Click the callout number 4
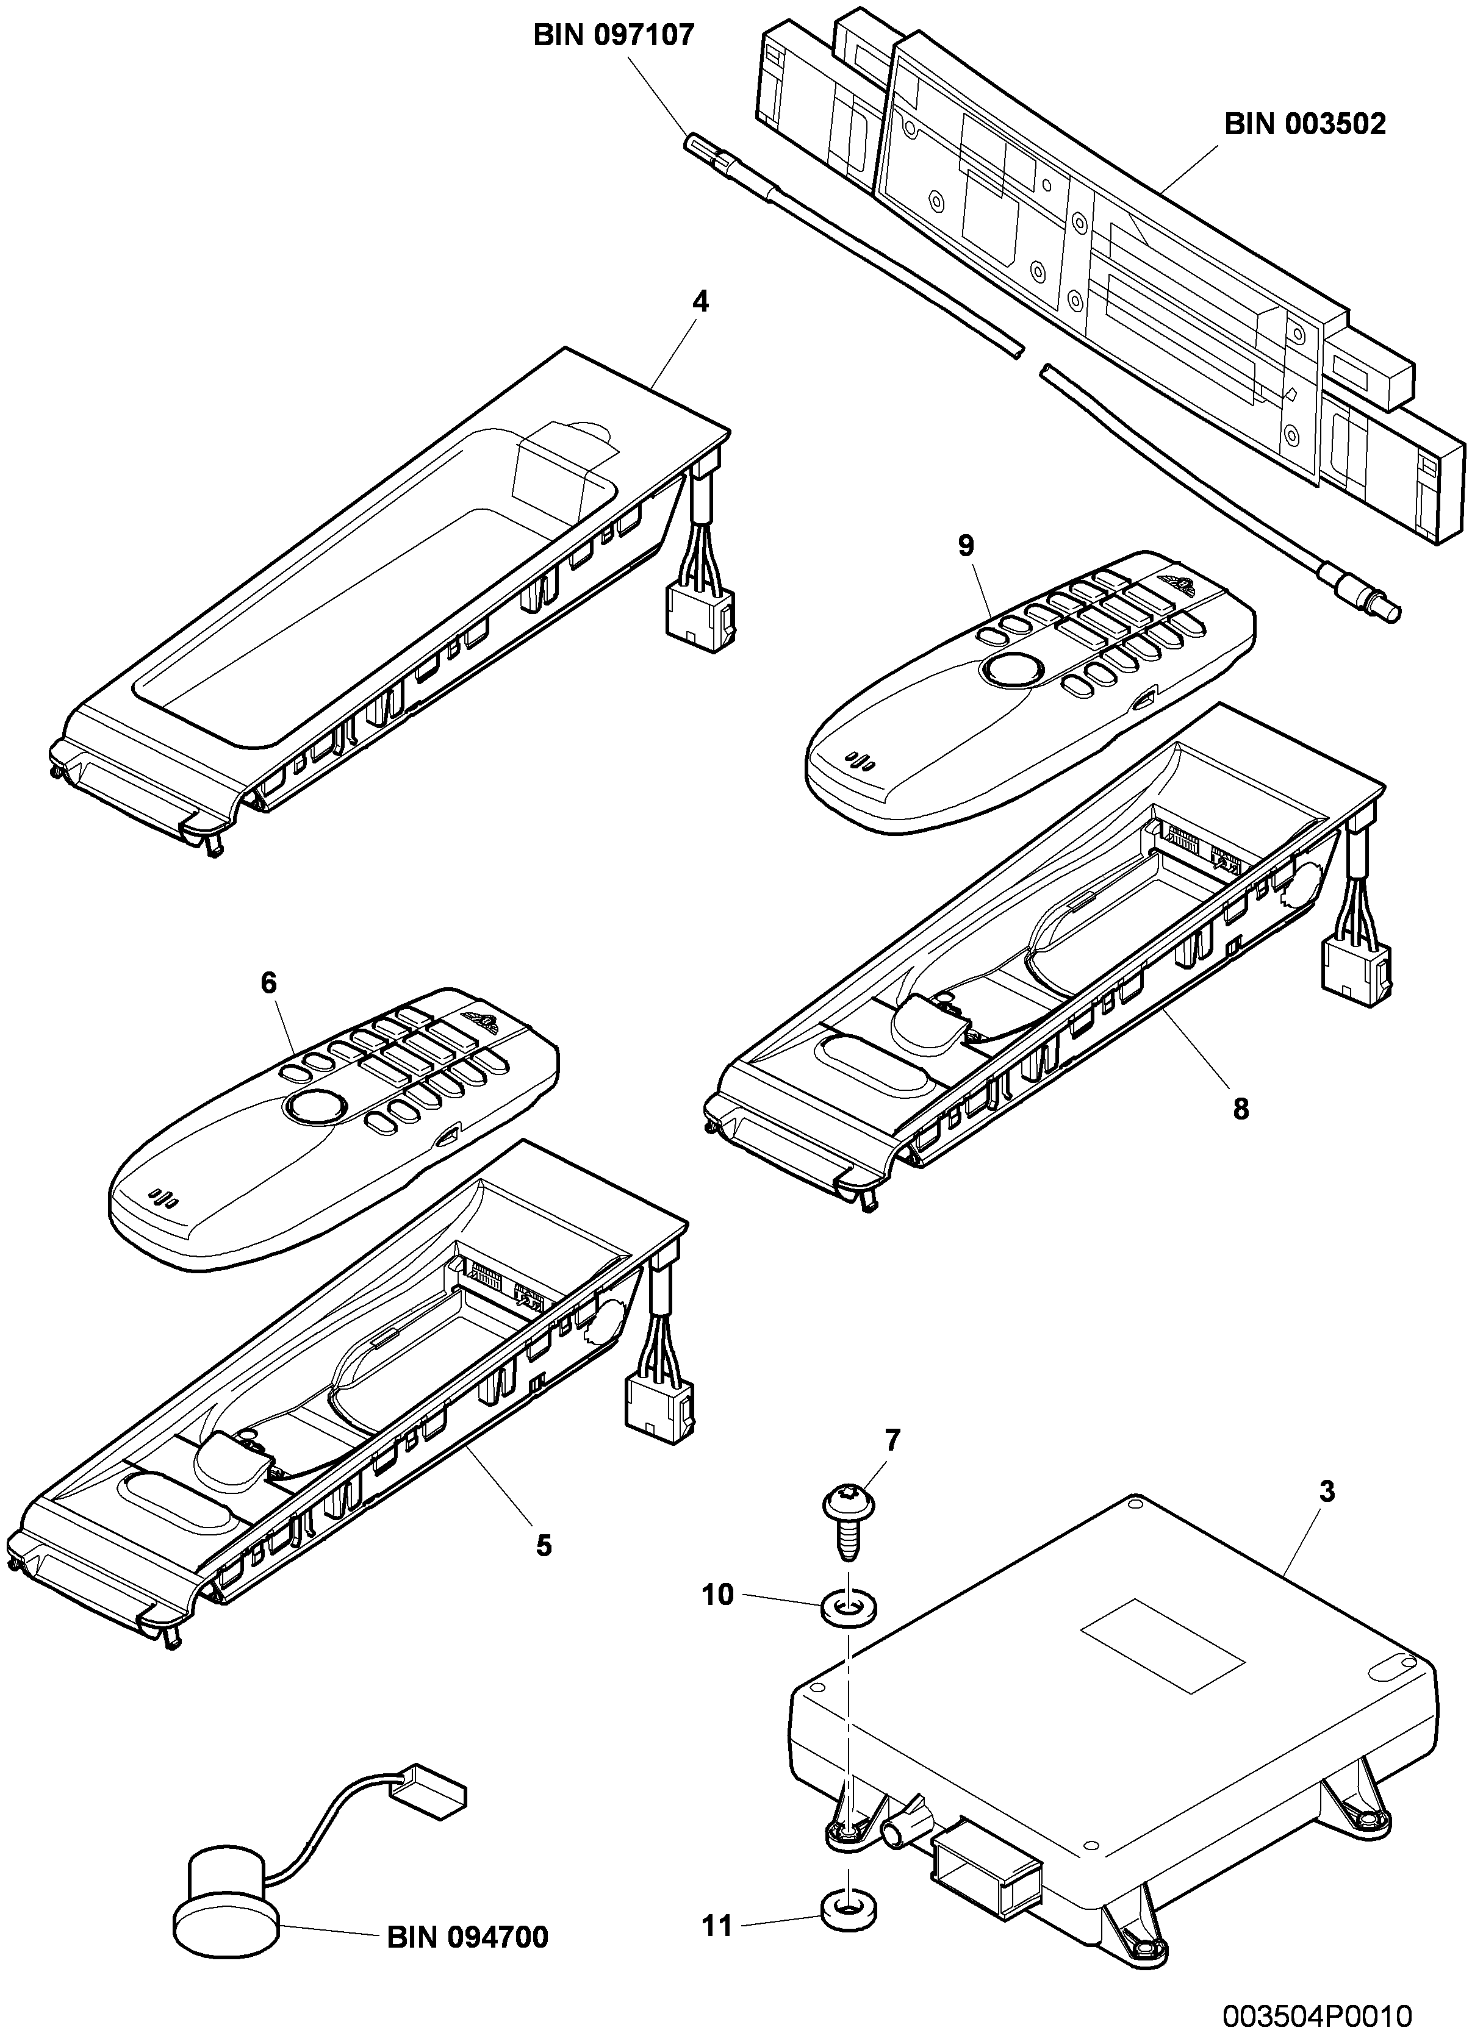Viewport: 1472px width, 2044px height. (700, 301)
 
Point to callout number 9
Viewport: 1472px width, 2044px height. (966, 545)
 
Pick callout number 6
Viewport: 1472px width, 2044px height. (268, 982)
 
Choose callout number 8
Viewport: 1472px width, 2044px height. (1241, 1109)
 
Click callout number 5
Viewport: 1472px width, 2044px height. (543, 1546)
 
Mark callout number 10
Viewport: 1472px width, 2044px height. (719, 1595)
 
